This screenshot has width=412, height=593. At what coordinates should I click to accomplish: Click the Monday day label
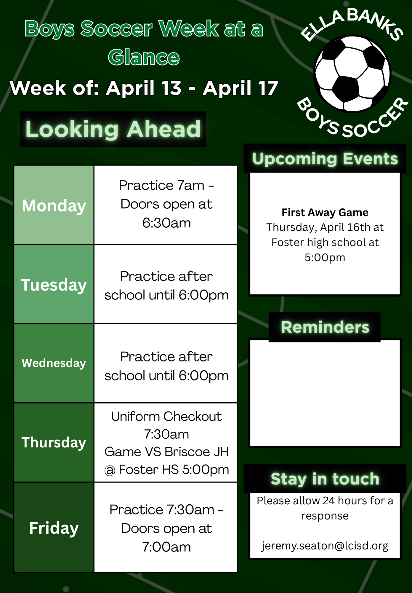(x=54, y=206)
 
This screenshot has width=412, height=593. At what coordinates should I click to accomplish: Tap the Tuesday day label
(x=54, y=285)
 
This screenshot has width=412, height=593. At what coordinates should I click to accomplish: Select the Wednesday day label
(x=54, y=363)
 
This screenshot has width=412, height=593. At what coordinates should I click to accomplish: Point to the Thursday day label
(x=54, y=443)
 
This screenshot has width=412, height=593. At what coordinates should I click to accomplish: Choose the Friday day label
(x=54, y=528)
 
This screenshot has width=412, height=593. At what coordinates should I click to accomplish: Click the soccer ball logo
(x=352, y=74)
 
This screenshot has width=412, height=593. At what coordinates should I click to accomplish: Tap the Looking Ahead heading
(x=113, y=129)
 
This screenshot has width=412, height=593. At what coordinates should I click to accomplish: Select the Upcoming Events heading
(x=325, y=159)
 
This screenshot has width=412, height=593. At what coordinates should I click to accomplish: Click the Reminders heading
(x=325, y=327)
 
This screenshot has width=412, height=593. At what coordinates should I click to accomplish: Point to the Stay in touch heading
(x=325, y=479)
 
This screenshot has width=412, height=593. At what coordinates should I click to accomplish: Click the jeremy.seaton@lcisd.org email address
(x=325, y=546)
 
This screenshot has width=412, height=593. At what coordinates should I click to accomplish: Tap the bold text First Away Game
(x=325, y=213)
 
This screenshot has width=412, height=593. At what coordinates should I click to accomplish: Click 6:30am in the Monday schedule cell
(x=166, y=223)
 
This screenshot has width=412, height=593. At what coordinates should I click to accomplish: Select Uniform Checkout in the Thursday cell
(x=166, y=417)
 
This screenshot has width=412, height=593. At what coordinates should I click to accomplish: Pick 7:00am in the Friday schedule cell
(x=166, y=547)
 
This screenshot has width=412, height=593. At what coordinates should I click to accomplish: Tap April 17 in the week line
(x=241, y=88)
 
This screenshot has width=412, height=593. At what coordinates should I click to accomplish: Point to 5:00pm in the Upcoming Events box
(x=325, y=258)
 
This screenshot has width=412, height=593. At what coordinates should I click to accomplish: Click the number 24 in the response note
(x=328, y=501)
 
